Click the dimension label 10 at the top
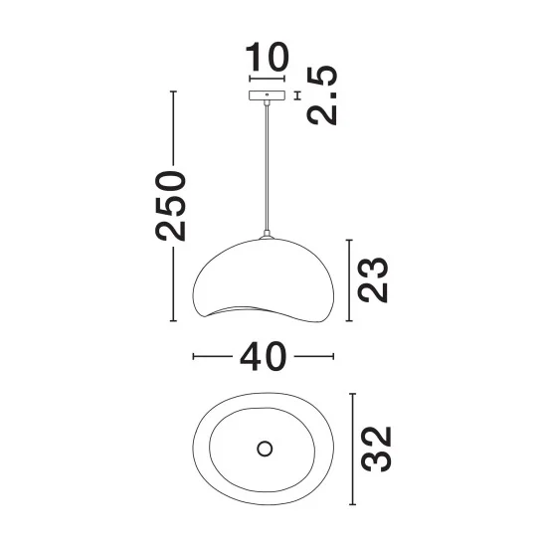tap(268, 57)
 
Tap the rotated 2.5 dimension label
tap(322, 95)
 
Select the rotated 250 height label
tap(170, 206)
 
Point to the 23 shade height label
tap(373, 279)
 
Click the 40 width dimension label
tap(264, 356)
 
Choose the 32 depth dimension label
tap(376, 449)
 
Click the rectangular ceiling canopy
tap(267, 95)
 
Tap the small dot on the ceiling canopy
tap(267, 94)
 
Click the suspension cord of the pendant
tap(267, 167)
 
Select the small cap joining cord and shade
tap(267, 235)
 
